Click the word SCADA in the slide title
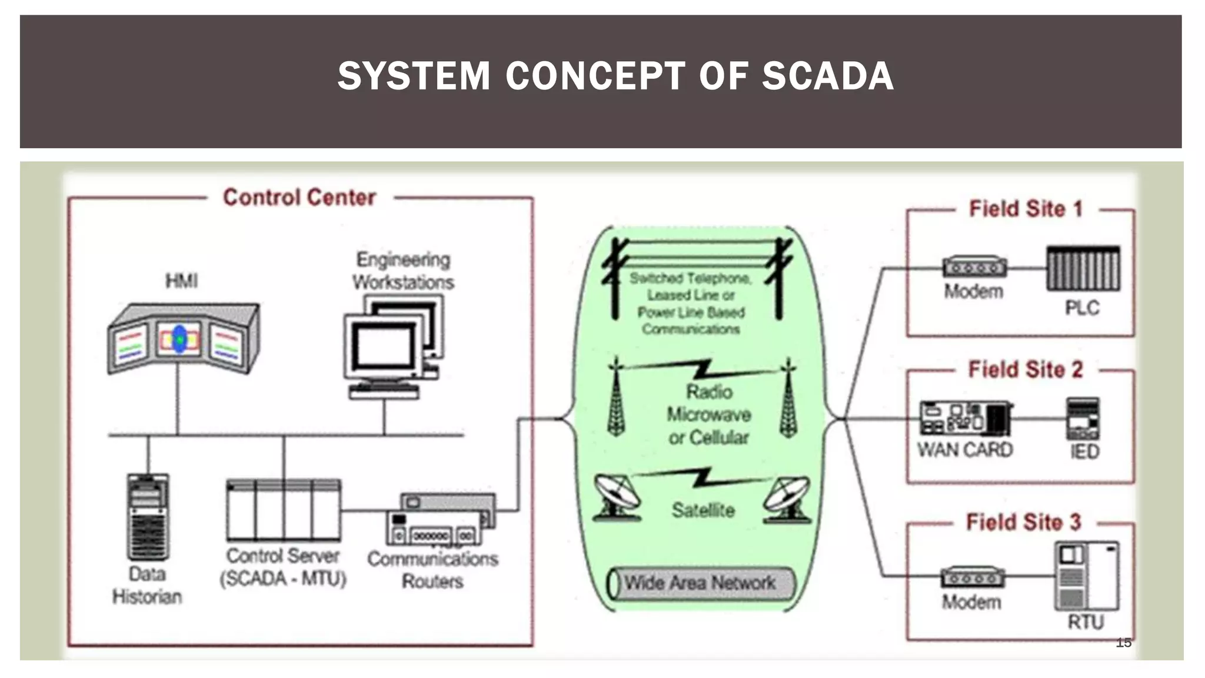click(x=827, y=77)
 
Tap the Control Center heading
click(x=299, y=198)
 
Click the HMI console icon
click(x=183, y=338)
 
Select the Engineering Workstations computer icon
click(x=392, y=347)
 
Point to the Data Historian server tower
click(x=148, y=517)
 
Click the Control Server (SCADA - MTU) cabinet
click(x=283, y=510)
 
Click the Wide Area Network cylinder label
click(x=700, y=583)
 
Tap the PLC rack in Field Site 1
click(x=1083, y=269)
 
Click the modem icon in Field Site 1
click(x=974, y=267)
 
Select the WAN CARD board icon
click(x=965, y=418)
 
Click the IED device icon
click(x=1083, y=419)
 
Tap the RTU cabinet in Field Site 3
click(x=1086, y=576)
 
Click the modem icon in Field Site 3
click(x=972, y=578)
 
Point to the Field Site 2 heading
click(x=1025, y=370)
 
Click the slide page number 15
click(x=1123, y=643)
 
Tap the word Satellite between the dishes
click(x=703, y=510)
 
